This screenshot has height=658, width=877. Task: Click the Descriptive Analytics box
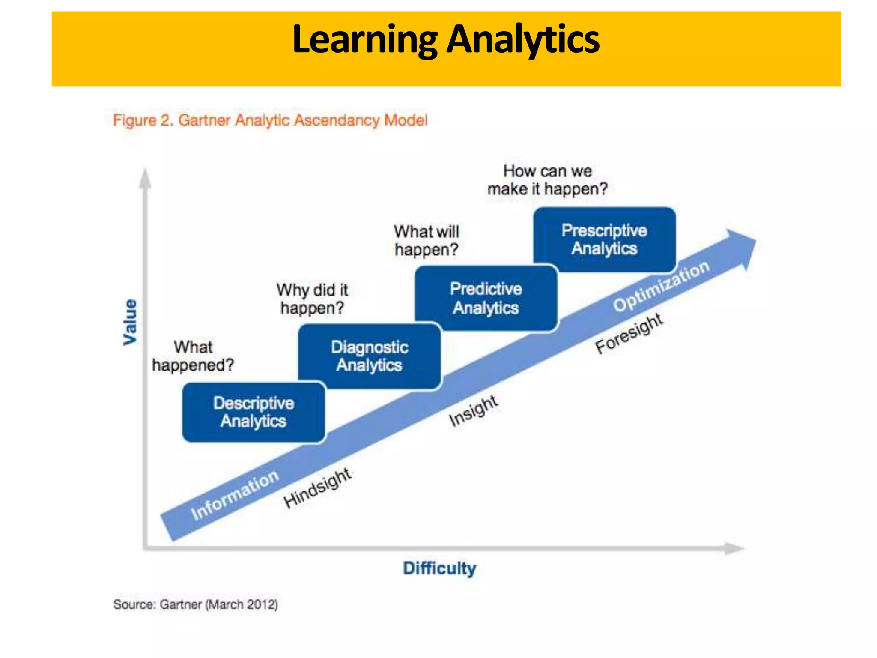[254, 412]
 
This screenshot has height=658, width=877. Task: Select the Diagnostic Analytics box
[370, 356]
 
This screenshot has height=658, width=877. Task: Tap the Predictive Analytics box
[486, 298]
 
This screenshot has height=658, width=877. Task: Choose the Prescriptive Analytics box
[604, 239]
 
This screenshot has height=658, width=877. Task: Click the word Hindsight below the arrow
[317, 488]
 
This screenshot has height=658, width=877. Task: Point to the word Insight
[473, 411]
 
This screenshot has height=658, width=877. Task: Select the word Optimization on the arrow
[662, 286]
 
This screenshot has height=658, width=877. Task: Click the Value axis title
[130, 322]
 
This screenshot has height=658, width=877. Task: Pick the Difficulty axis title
[439, 568]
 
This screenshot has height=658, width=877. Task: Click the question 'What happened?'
[193, 356]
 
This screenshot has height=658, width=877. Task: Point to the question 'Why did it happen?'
[312, 299]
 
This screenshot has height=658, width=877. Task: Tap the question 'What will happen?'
[427, 240]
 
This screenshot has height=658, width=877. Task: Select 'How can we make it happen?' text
[547, 180]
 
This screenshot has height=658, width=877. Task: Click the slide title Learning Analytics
[446, 39]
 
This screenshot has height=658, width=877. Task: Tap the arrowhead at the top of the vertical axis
[145, 177]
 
